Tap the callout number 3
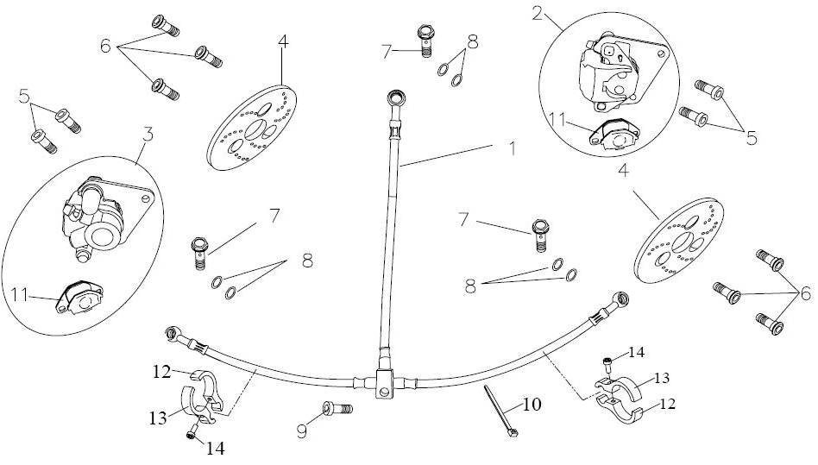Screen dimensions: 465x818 pos(148,135)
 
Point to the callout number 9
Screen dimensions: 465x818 pos(302,429)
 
